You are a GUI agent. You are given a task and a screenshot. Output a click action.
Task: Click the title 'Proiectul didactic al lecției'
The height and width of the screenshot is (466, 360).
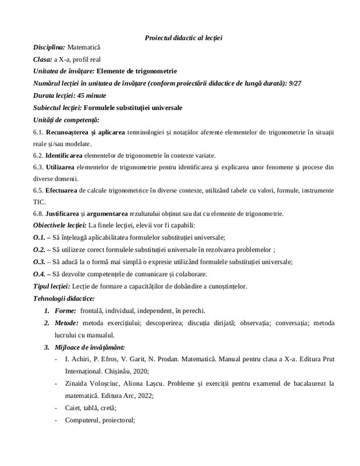183,38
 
